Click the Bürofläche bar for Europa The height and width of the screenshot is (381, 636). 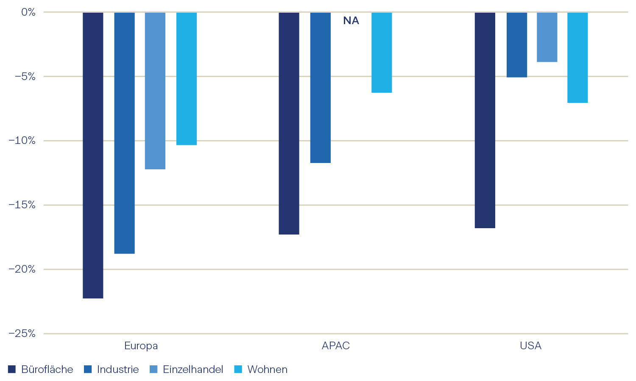click(93, 155)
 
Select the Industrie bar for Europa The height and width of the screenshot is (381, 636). click(124, 133)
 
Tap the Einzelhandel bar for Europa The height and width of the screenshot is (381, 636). click(155, 91)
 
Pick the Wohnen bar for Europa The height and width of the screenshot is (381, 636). click(187, 79)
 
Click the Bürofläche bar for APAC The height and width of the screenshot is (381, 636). click(289, 123)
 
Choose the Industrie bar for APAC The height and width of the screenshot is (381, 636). click(321, 88)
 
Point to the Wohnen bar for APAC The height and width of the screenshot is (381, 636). click(382, 52)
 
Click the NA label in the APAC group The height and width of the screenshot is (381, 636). click(351, 21)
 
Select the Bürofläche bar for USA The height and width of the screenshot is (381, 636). click(485, 120)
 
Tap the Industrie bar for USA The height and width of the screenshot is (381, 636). click(517, 45)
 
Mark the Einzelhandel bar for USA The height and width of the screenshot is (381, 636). click(547, 37)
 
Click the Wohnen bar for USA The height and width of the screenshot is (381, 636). click(577, 58)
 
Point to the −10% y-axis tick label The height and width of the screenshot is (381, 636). click(22, 141)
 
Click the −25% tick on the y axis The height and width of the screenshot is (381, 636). click(22, 334)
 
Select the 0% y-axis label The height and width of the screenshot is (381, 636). click(28, 12)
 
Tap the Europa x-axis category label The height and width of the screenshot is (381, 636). click(141, 346)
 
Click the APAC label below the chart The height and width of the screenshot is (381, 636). click(336, 346)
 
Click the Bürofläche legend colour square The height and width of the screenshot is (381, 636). click(12, 370)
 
